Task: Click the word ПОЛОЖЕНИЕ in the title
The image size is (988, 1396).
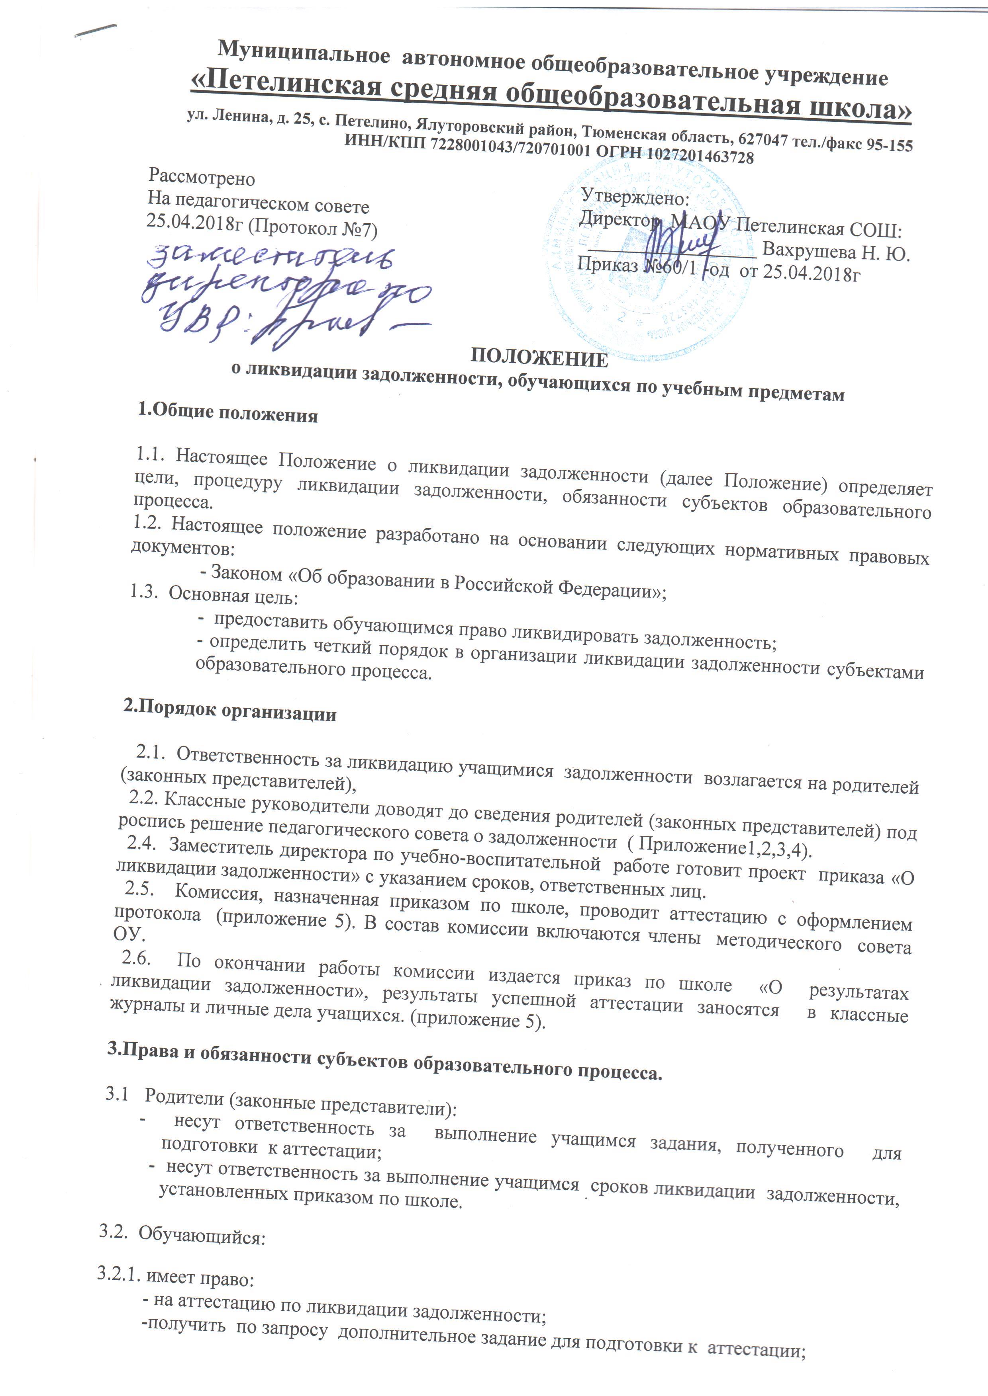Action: pos(540,357)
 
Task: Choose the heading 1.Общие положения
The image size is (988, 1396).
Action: pos(229,414)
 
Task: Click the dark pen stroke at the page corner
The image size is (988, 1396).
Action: pos(97,30)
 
